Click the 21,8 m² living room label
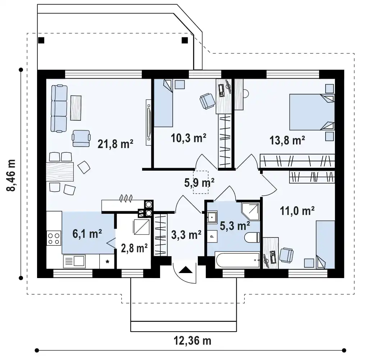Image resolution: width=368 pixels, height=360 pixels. click(115, 144)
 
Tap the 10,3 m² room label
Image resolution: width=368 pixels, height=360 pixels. click(188, 138)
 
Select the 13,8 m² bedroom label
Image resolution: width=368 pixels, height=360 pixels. click(287, 140)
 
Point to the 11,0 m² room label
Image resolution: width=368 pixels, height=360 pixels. click(297, 211)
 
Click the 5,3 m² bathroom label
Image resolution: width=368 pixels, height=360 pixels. click(235, 226)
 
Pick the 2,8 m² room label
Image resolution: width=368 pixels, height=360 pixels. click(134, 248)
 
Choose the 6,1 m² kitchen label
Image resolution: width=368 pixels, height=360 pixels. click(87, 234)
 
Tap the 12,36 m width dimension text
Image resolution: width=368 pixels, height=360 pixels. click(192, 341)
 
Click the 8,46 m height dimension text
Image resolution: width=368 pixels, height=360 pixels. click(11, 175)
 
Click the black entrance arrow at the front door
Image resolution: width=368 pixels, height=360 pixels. click(186, 270)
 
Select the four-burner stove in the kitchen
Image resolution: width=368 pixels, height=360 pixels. click(54, 238)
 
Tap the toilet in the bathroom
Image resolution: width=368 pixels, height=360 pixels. click(252, 237)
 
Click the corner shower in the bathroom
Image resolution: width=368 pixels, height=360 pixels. click(251, 211)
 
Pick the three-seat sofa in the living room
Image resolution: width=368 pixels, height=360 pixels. click(59, 109)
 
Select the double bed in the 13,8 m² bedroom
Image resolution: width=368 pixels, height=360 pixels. click(312, 112)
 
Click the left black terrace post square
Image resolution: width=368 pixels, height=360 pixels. click(41, 40)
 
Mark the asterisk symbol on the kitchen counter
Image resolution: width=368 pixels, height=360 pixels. click(107, 262)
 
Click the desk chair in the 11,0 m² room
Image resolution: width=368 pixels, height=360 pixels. click(286, 255)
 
